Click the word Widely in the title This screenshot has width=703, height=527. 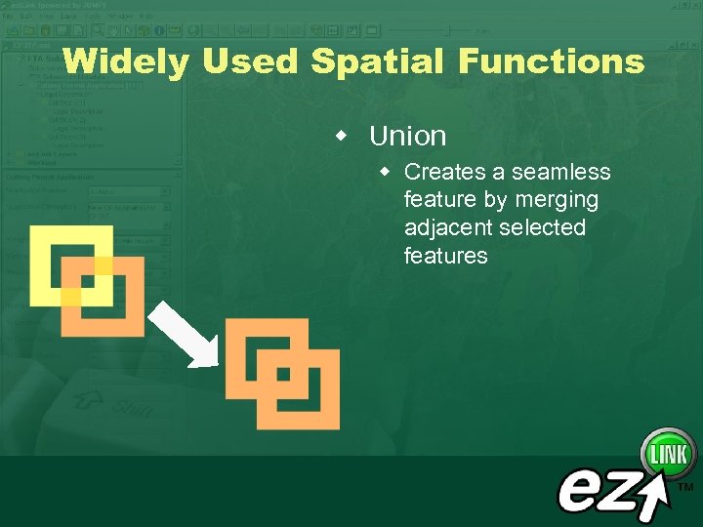(126, 62)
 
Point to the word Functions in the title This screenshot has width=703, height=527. (551, 62)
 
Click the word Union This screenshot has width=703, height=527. (407, 136)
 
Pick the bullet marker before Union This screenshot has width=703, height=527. (341, 134)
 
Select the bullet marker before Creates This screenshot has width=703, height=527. (386, 172)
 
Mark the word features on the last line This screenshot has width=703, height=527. (445, 256)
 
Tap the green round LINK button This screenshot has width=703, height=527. (668, 455)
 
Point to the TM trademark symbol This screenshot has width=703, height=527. (685, 486)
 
